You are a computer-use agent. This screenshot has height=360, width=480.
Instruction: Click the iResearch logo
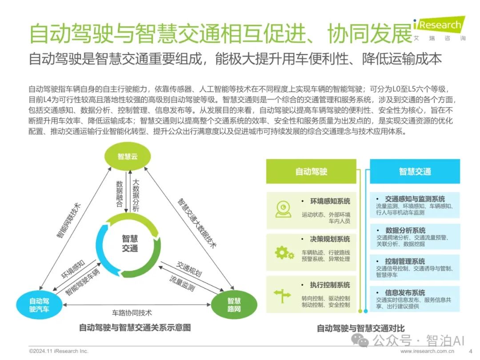coord(440,28)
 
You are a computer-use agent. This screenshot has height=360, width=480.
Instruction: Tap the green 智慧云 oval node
coord(128,156)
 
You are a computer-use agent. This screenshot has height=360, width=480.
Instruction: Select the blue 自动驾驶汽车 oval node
coord(39,305)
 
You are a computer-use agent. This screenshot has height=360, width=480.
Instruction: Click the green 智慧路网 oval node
coord(234,305)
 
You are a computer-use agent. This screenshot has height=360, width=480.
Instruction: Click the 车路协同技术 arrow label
coord(132,312)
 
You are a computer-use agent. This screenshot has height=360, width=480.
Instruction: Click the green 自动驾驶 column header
coord(311,171)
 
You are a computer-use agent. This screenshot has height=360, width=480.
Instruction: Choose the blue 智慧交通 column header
coord(415,171)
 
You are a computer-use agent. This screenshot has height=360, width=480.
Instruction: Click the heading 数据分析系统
coord(405,230)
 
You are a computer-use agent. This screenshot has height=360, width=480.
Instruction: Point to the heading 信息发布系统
coord(405,293)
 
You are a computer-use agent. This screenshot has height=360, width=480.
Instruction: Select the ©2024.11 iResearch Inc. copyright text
coord(59,351)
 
